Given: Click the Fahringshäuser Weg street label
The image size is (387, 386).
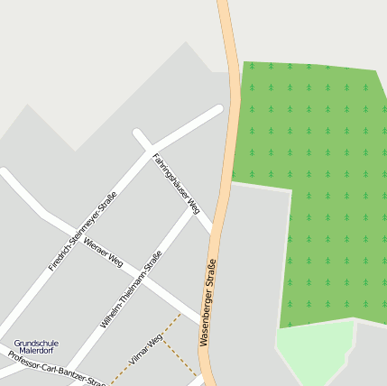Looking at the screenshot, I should tap(175, 183).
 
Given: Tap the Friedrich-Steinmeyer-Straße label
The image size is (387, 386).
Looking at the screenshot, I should tap(83, 232).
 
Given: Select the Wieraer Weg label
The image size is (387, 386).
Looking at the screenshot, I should tap(102, 252).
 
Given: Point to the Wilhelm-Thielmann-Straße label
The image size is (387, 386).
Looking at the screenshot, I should tap(132, 289).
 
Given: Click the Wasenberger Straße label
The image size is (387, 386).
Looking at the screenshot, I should tap(208, 302).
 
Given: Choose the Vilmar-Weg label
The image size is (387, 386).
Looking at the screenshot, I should tap(146, 349).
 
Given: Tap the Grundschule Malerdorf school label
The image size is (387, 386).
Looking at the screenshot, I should tap(36, 347).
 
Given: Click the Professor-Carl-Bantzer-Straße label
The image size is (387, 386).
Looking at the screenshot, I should tap(56, 368).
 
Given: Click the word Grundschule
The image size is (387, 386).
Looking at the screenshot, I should tap(36, 344).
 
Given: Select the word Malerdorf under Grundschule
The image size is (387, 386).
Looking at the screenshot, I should tap(36, 352).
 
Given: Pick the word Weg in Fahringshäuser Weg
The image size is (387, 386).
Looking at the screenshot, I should tap(191, 207).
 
